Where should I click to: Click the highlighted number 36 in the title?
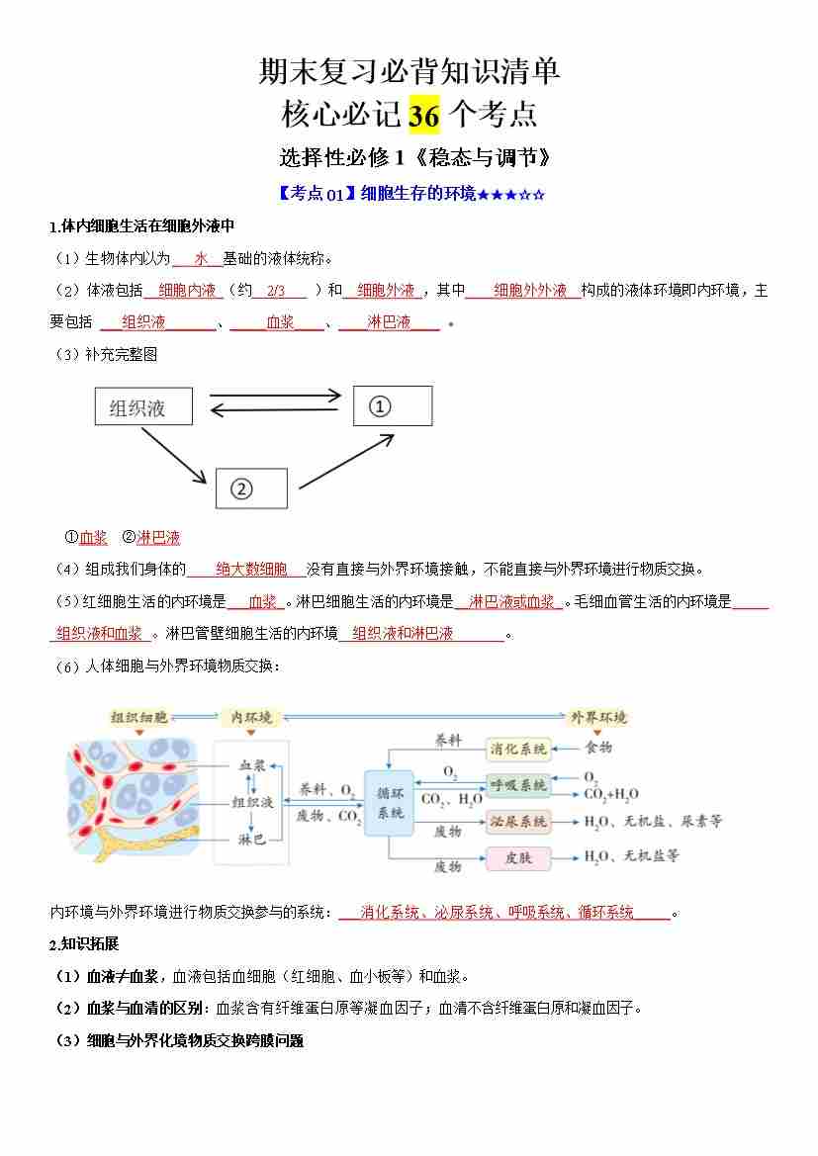(x=424, y=116)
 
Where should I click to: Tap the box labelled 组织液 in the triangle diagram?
(x=143, y=406)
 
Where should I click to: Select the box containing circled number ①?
(x=393, y=405)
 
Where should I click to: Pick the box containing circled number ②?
(x=251, y=489)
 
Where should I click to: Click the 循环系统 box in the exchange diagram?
(x=391, y=802)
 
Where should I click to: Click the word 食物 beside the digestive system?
(x=598, y=748)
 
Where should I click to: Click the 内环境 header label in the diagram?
(x=251, y=717)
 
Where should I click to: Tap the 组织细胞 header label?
(x=139, y=717)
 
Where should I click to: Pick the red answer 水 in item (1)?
(x=201, y=258)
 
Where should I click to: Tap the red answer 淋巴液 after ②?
(x=158, y=538)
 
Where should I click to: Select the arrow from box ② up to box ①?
(x=336, y=458)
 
